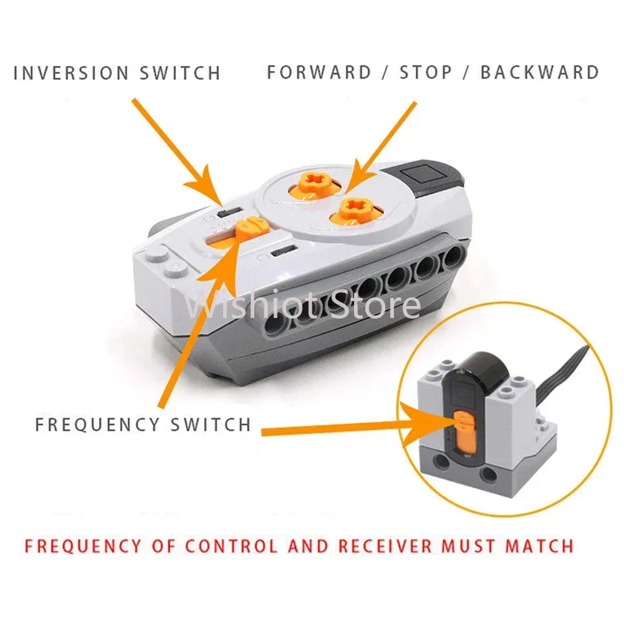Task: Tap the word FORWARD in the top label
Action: coord(319,72)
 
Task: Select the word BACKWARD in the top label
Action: coord(539,72)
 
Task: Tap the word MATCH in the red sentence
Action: coord(539,547)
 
